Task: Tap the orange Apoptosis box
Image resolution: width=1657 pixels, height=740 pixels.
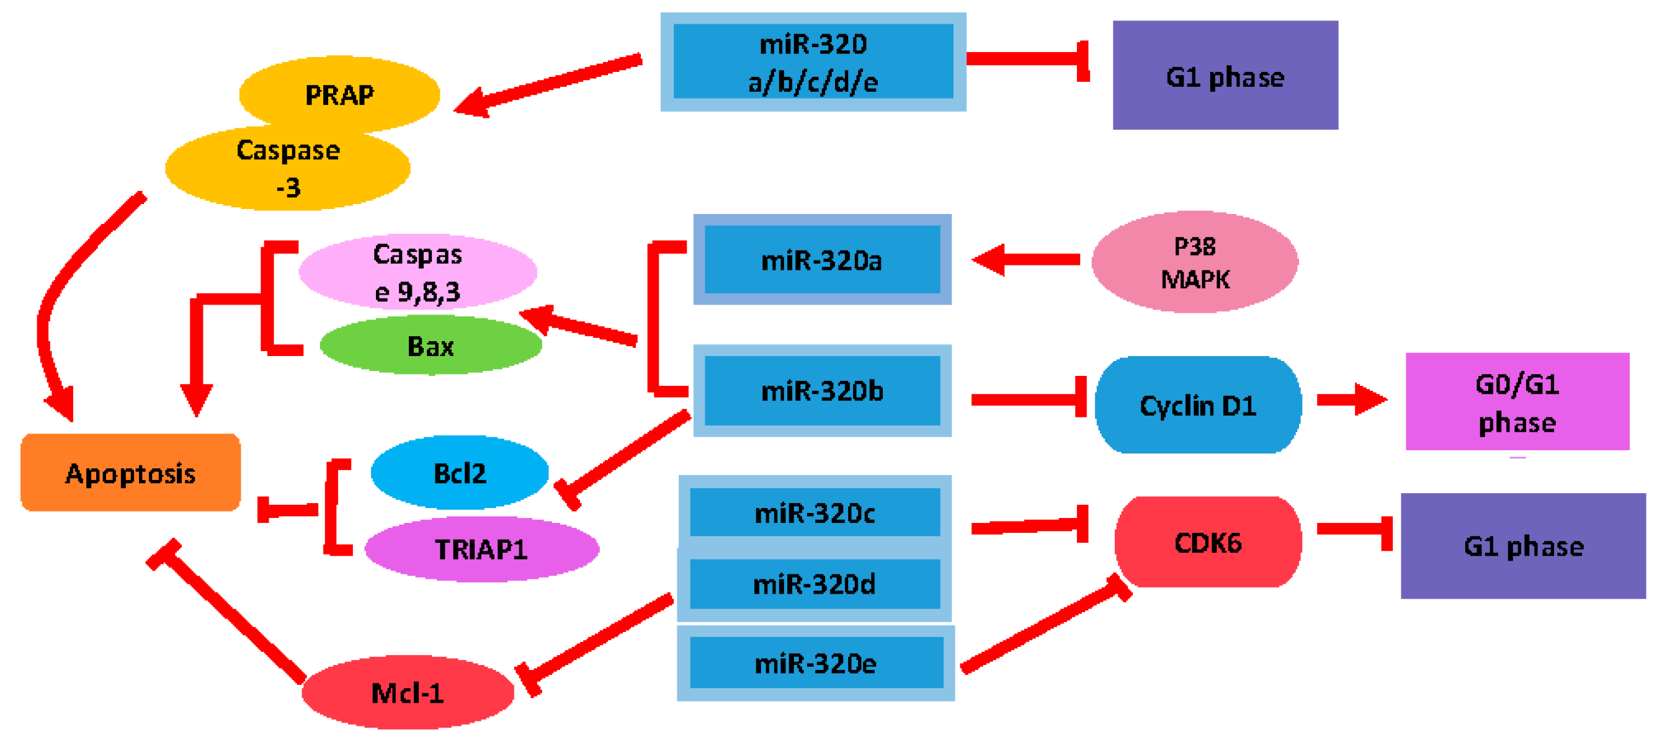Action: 130,473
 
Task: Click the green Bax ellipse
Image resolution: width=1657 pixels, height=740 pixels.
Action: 431,346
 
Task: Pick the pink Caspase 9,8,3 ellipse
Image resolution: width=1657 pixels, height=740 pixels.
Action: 418,272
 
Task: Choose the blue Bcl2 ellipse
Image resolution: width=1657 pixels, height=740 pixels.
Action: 459,473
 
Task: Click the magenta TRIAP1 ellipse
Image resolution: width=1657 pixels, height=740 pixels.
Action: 481,548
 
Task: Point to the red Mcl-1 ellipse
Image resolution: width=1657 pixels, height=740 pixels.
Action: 407,692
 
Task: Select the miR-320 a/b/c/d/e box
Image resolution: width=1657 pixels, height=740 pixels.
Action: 813,62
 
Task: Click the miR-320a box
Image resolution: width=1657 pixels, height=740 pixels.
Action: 821,259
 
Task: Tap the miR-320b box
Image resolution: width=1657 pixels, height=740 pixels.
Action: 821,390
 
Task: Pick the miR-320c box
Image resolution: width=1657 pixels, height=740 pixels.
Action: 815,512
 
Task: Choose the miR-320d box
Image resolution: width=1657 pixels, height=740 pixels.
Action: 815,584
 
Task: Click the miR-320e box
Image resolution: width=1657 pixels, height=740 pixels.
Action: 815,663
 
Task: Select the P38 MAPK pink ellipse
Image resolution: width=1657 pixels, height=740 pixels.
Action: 1194,262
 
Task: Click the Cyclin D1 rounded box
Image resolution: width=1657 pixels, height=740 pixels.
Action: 1198,405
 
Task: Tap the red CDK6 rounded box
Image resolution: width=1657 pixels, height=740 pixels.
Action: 1207,542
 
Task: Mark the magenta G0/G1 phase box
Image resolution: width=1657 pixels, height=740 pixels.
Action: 1517,402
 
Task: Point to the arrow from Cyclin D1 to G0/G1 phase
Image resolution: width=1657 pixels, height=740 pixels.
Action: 1351,400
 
